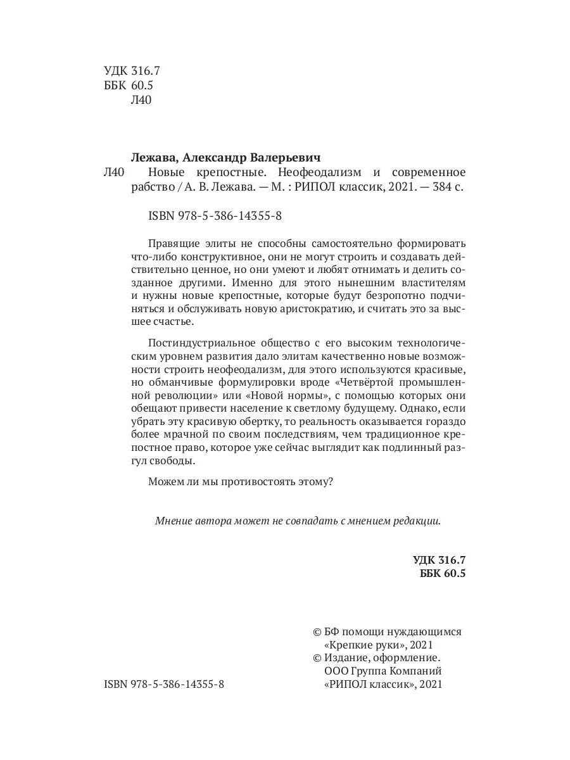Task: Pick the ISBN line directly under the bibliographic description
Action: tap(215, 216)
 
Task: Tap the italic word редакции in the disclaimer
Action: tap(416, 521)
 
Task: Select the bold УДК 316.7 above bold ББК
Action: tap(438, 560)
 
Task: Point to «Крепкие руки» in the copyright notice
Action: tap(358, 645)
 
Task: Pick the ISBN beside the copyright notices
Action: tap(163, 685)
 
